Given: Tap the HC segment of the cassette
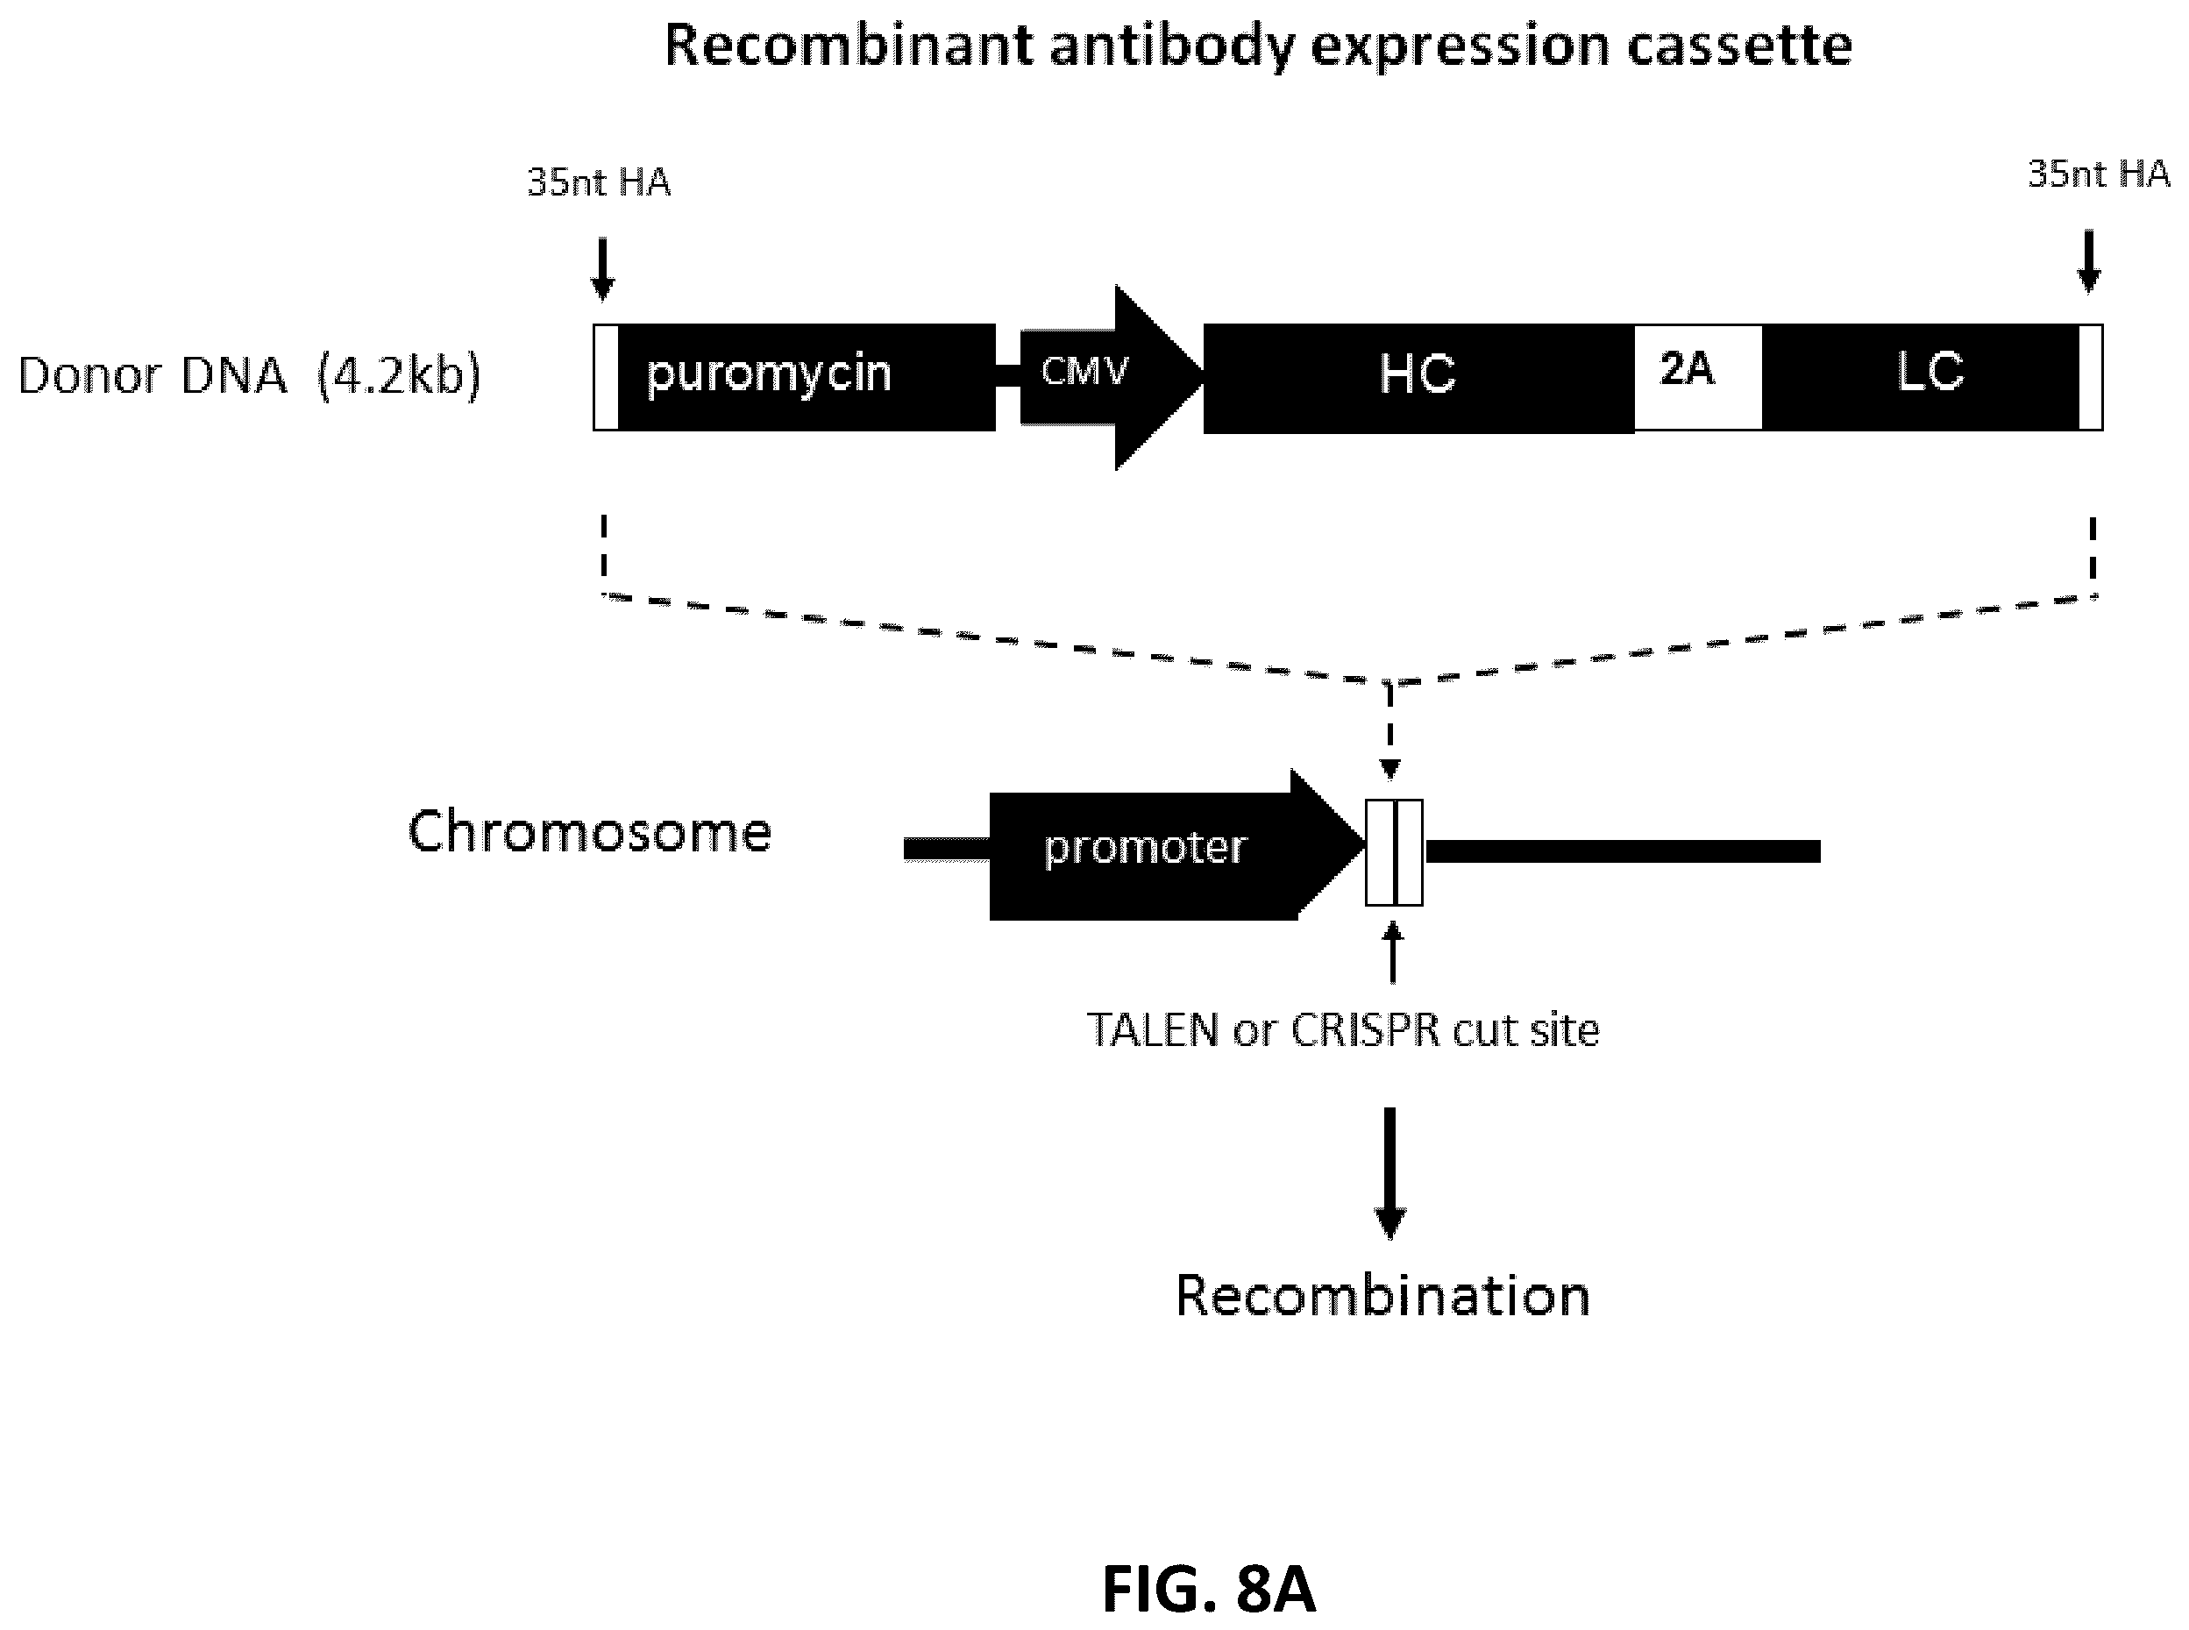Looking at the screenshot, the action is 1418,378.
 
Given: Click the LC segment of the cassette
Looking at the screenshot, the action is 1921,377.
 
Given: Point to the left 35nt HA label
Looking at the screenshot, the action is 599,182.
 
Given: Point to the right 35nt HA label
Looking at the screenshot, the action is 2098,174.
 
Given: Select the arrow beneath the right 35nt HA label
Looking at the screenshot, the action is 2088,261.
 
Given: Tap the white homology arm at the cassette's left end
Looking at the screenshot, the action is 606,377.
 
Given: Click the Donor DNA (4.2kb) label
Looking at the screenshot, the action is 250,376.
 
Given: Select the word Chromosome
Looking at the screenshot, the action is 590,832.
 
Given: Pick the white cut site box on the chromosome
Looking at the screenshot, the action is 1394,852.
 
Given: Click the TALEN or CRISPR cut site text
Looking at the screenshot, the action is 1343,1030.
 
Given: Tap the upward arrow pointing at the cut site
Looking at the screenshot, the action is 1393,952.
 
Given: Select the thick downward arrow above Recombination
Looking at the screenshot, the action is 1390,1173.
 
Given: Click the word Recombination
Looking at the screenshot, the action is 1383,1296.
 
